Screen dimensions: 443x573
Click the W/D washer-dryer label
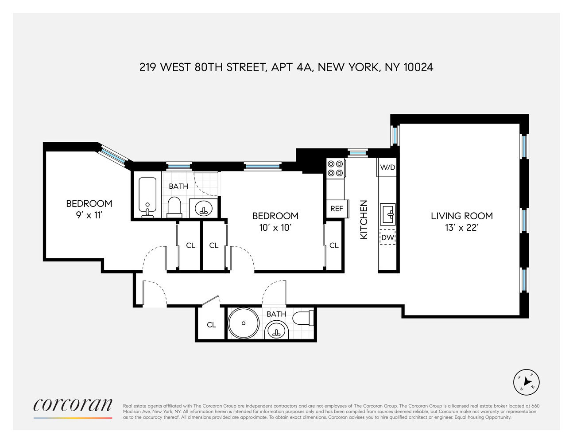[387, 167]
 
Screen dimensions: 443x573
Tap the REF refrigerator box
[337, 208]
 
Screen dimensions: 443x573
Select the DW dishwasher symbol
[387, 237]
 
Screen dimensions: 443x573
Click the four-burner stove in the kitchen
[335, 168]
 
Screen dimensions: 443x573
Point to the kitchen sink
[387, 214]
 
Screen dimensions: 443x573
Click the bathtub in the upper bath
[147, 196]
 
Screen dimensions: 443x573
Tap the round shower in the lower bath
[244, 323]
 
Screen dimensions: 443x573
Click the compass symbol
[527, 382]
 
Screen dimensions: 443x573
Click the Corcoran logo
[73, 405]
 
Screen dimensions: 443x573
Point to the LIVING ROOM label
[461, 216]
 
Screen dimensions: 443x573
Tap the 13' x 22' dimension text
[461, 228]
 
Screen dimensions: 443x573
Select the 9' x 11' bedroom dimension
[89, 215]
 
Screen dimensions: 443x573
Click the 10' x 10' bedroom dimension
[275, 228]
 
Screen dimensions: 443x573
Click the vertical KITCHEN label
[364, 220]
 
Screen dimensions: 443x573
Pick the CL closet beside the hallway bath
[211, 325]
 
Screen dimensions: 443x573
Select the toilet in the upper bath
[174, 207]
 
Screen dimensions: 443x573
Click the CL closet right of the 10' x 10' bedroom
[334, 245]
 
